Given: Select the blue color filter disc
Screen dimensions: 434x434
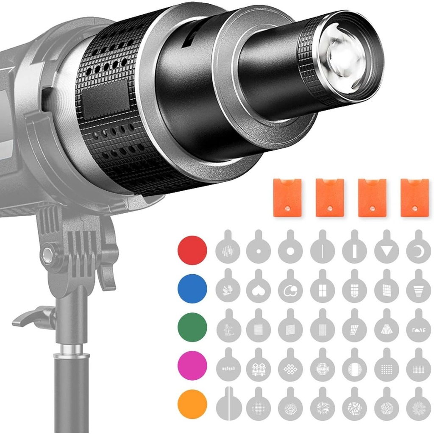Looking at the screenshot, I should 192,289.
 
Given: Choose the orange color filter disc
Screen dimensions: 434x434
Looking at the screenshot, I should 192,404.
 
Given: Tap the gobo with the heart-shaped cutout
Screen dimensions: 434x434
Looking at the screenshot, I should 259,290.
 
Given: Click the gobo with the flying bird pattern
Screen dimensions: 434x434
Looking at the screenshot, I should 227,290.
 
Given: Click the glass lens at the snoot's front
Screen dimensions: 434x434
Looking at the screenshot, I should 345,58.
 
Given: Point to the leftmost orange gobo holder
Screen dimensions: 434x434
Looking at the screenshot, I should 287,198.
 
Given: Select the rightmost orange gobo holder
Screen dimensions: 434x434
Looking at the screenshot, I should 415,198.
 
